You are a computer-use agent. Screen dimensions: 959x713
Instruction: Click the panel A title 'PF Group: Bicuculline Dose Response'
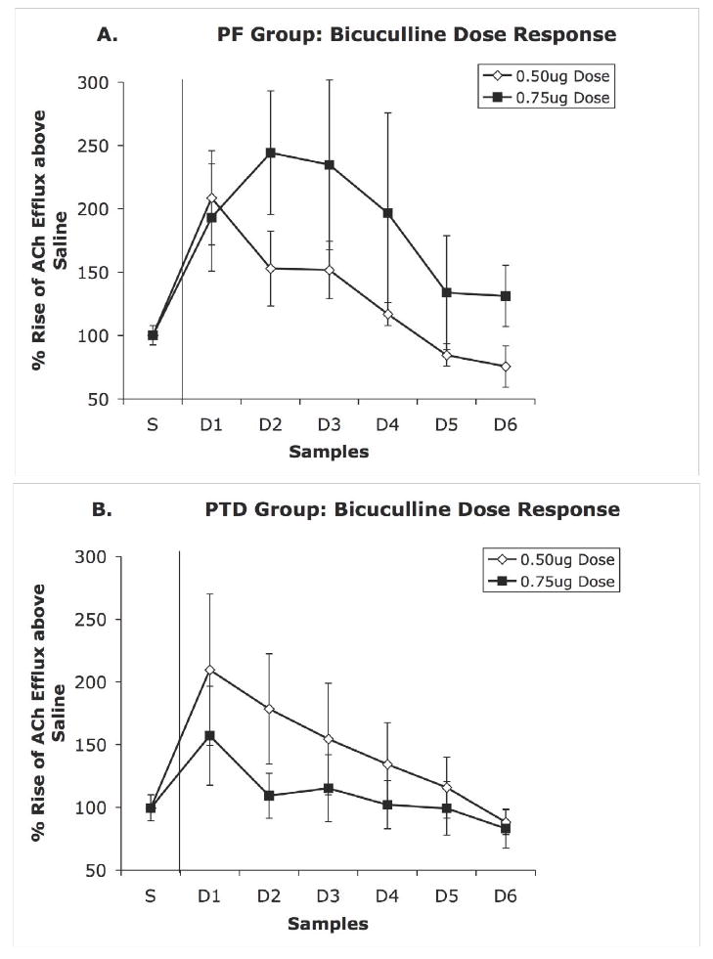click(417, 35)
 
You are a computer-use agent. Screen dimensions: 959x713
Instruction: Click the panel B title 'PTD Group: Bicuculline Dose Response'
click(414, 509)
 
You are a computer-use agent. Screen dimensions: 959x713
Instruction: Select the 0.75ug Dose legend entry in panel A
click(547, 97)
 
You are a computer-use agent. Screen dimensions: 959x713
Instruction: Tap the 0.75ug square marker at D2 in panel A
click(270, 153)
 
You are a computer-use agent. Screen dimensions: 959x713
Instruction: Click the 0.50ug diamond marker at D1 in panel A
click(211, 198)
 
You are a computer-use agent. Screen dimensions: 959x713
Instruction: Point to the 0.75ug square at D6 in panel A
click(505, 296)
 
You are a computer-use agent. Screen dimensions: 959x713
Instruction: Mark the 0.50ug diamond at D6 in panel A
click(505, 367)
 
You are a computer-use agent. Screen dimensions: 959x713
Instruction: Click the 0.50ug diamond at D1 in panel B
click(209, 670)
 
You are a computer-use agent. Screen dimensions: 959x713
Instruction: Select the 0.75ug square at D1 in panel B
click(209, 735)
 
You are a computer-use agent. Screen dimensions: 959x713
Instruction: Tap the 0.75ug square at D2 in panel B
click(269, 796)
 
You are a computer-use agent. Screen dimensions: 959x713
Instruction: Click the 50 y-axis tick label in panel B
click(96, 870)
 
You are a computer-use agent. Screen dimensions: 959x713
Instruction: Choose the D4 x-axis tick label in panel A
click(386, 425)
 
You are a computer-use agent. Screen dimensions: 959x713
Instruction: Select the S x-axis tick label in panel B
click(151, 896)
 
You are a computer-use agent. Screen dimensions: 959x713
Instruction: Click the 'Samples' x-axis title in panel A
click(329, 452)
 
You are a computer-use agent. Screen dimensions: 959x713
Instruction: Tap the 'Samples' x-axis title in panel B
click(329, 923)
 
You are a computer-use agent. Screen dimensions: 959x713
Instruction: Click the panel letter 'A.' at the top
click(108, 35)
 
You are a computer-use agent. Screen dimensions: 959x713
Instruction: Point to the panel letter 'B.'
click(102, 509)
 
